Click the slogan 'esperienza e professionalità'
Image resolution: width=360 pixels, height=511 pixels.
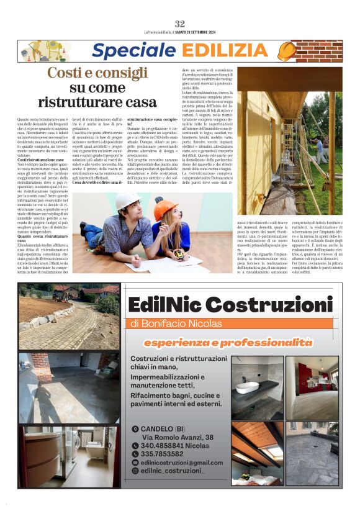[x=227, y=342]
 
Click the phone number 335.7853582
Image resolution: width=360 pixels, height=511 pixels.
[x=162, y=454]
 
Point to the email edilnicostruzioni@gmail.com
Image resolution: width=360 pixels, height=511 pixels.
[x=181, y=463]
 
